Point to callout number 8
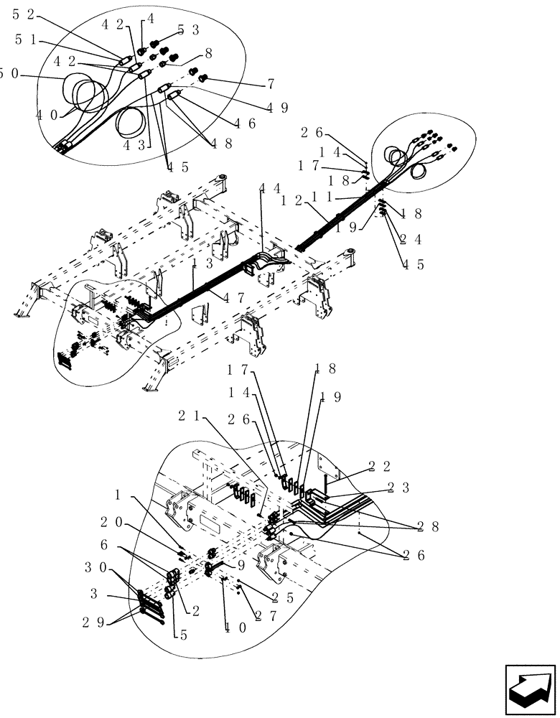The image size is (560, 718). coord(208,52)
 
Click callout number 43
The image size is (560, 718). coord(134,144)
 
